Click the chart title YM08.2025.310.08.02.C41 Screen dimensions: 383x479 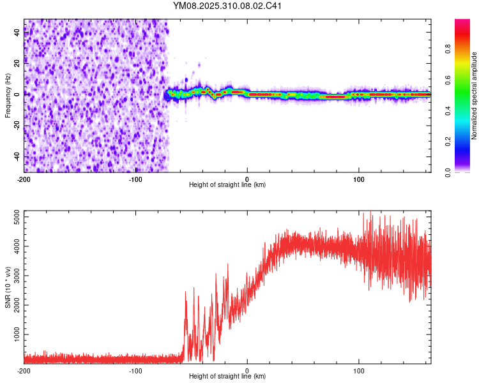point(227,6)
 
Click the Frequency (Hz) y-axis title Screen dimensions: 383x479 point(8,96)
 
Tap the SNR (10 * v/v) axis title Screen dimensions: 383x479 point(8,287)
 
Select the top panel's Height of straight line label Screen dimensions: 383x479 point(227,185)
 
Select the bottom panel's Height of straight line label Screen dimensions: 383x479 point(227,377)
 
